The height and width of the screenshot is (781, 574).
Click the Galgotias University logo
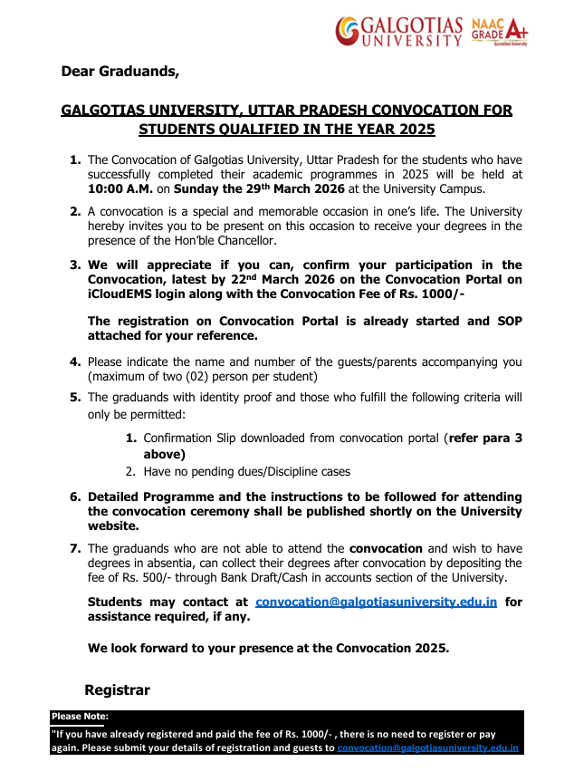pos(399,30)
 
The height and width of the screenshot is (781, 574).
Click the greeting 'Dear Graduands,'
pos(120,71)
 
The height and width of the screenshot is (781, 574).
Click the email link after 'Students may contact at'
pos(376,603)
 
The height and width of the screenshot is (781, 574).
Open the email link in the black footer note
pos(427,747)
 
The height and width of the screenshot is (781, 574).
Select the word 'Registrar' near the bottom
pos(117,690)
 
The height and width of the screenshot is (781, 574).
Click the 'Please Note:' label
pos(80,716)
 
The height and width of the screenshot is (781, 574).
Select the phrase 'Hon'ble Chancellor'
pos(203,240)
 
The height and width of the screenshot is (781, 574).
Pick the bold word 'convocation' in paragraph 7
pos(386,549)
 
